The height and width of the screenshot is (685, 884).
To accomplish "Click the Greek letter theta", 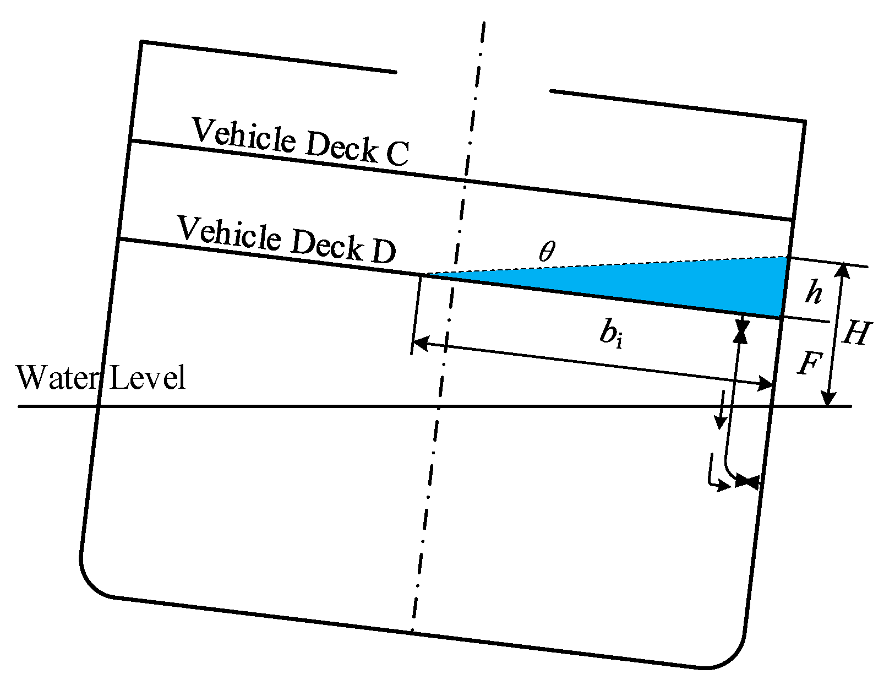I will pyautogui.click(x=547, y=252).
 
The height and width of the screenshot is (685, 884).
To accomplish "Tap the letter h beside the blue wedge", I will pyautogui.click(x=814, y=292).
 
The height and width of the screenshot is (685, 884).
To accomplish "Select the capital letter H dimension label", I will pyautogui.click(x=856, y=333).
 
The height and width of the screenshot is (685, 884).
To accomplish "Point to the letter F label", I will pyautogui.click(x=810, y=364).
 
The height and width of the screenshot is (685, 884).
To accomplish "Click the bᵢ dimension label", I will pyautogui.click(x=612, y=334).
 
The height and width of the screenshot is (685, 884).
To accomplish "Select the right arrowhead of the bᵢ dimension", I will pyautogui.click(x=766, y=384).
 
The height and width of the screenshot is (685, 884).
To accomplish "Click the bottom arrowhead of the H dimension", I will pyautogui.click(x=828, y=399).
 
